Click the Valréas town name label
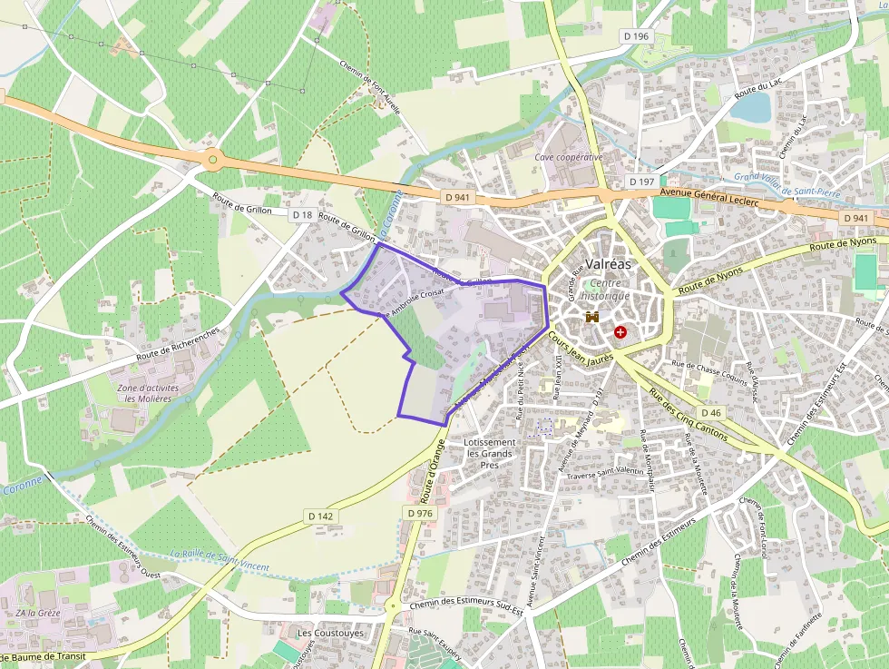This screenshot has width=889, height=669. coord(604,264)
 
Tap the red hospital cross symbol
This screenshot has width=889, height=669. coord(620,333)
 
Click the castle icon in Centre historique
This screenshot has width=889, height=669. coord(591,319)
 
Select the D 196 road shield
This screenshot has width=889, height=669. coord(637,35)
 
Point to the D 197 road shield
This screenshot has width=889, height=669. coord(641,182)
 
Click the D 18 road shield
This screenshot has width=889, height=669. coord(302,215)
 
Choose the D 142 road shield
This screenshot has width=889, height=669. coord(321,516)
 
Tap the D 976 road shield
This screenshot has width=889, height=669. coord(420,513)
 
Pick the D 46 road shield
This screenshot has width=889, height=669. coord(711,413)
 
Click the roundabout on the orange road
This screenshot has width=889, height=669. coord(212,160)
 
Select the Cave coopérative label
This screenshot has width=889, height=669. coord(569,157)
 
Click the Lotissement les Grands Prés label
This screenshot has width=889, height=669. coord(489,453)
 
